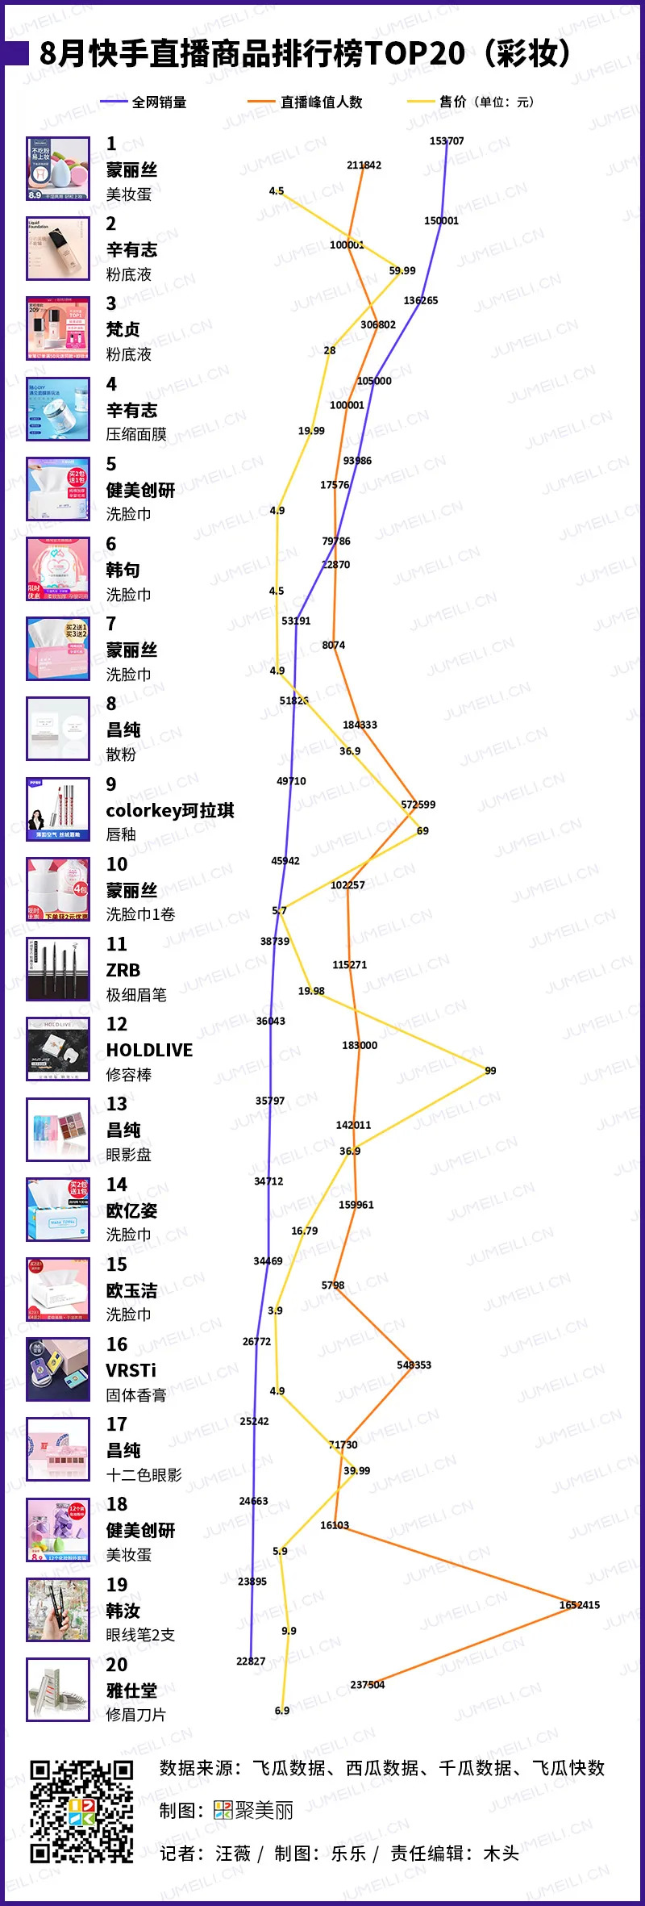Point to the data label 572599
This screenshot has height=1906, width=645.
pyautogui.click(x=418, y=805)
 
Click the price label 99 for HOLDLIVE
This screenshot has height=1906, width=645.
pyautogui.click(x=490, y=1071)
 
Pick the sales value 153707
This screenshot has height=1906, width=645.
pyautogui.click(x=447, y=141)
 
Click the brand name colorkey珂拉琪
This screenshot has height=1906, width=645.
pyautogui.click(x=170, y=810)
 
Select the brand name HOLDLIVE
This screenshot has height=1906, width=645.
pyautogui.click(x=149, y=1050)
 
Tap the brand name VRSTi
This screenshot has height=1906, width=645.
pyautogui.click(x=131, y=1370)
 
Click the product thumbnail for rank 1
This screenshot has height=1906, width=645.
pyautogui.click(x=58, y=169)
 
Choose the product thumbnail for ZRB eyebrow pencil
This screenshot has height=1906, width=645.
pyautogui.click(x=58, y=969)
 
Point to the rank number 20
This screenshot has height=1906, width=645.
pyautogui.click(x=117, y=1665)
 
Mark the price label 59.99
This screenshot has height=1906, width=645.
pyautogui.click(x=402, y=271)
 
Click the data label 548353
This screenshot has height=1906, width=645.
pyautogui.click(x=414, y=1365)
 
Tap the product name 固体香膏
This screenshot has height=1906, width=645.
pyautogui.click(x=136, y=1395)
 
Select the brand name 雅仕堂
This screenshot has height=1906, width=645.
pyautogui.click(x=131, y=1691)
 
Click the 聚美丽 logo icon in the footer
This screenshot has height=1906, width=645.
pyautogui.click(x=223, y=1811)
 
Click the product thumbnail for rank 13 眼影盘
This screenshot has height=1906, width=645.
pyautogui.click(x=58, y=1130)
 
